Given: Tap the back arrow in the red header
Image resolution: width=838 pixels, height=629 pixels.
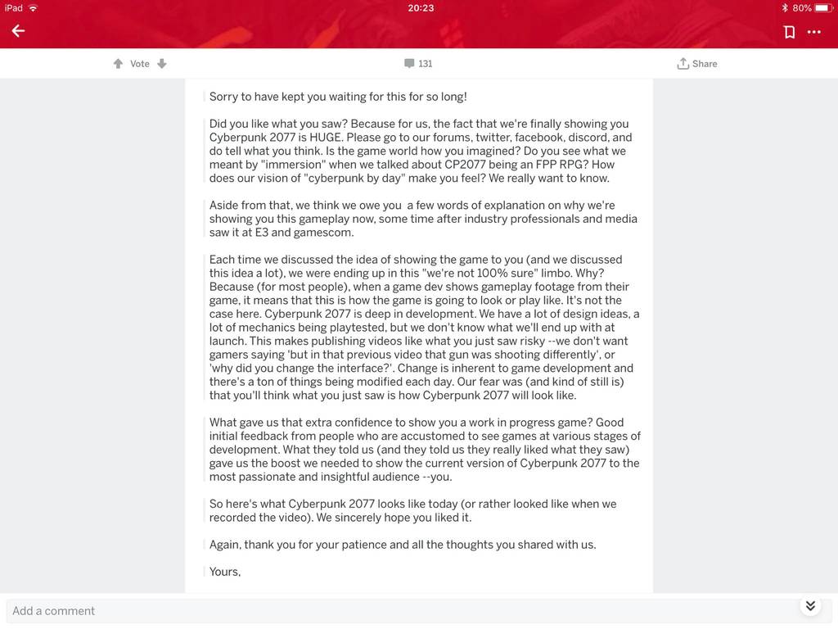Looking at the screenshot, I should [x=18, y=31].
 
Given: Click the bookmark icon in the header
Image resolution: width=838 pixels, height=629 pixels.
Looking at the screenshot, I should [x=789, y=32].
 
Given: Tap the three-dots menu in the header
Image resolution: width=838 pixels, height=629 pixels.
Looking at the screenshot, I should [x=813, y=32].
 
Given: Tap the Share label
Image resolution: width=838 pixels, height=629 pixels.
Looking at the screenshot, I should [x=704, y=64].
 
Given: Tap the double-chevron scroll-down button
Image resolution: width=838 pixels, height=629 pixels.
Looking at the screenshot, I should [x=810, y=606].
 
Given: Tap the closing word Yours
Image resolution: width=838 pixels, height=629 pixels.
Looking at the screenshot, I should [x=224, y=572].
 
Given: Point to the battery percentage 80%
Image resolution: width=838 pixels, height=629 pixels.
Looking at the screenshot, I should [x=802, y=8].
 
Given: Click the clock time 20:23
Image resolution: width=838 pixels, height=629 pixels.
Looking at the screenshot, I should [x=420, y=8].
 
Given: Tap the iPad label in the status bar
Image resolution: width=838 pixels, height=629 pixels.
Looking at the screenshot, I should [x=14, y=8].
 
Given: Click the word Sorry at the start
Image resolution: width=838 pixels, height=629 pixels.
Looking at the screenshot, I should [x=224, y=97].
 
